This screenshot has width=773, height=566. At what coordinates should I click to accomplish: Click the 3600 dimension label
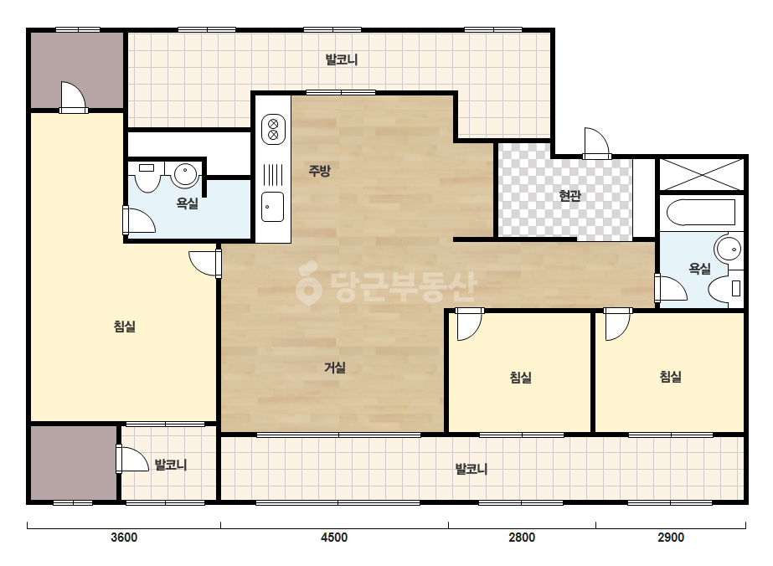[x=124, y=537]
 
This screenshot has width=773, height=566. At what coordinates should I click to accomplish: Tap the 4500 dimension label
[x=334, y=537]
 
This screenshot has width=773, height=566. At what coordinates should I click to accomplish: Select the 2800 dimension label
[x=522, y=537]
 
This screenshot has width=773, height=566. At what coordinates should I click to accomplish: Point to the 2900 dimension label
[x=671, y=537]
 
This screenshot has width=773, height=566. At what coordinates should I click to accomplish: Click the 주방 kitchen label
[x=319, y=171]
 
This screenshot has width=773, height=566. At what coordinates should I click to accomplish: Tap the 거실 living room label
[x=335, y=368]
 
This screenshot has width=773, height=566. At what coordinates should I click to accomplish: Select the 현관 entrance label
[x=569, y=196]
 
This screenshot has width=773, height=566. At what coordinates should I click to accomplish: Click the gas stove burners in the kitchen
[x=273, y=129]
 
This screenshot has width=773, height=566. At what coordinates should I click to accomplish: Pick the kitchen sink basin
[x=273, y=207]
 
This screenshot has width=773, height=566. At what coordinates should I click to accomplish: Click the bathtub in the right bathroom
[x=701, y=212]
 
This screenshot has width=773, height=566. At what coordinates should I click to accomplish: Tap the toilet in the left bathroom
[x=147, y=176]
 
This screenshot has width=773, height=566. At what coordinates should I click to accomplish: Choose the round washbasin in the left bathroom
[x=185, y=174]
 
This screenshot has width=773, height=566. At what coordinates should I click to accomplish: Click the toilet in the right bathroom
[x=725, y=288]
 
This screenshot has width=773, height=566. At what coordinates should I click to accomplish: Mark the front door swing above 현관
[x=596, y=143]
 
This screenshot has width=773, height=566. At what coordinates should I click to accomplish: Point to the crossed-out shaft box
[x=702, y=174]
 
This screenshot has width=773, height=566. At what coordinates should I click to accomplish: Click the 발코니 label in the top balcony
[x=342, y=59]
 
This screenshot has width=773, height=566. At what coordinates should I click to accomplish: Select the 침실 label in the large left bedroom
[x=124, y=326]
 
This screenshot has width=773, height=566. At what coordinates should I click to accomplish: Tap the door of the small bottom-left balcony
[x=132, y=459]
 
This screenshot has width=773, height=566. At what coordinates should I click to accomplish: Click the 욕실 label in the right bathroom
[x=699, y=269]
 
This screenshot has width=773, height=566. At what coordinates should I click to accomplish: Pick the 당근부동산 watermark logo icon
[x=308, y=284]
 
